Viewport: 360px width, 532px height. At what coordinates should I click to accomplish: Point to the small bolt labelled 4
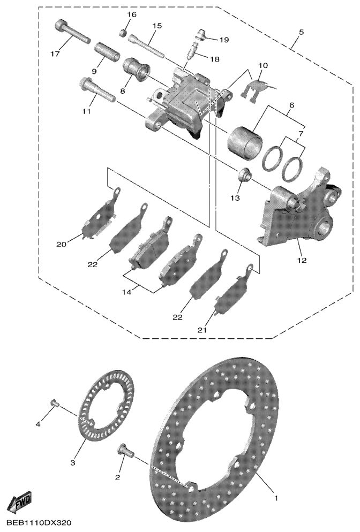(x=54, y=402)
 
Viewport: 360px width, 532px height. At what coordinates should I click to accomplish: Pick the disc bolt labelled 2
(x=126, y=450)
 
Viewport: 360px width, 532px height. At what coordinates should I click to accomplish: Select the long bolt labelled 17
(x=72, y=32)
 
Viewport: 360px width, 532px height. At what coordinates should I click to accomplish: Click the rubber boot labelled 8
(x=137, y=71)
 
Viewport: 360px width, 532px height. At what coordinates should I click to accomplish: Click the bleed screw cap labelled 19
(x=202, y=36)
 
